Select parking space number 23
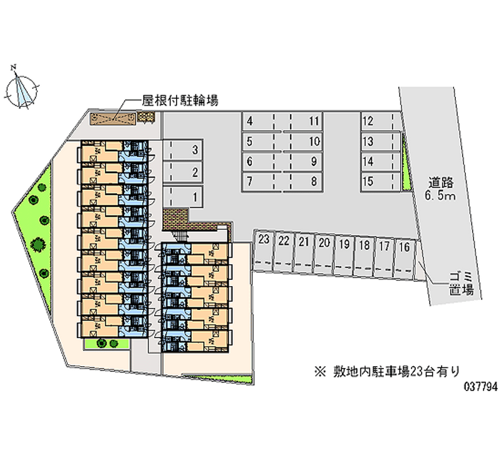[x=264, y=250]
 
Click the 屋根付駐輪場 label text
[x=180, y=101]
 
